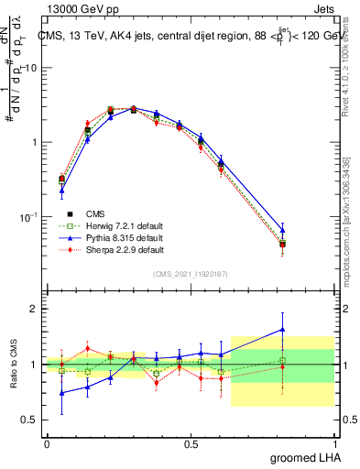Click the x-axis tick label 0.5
click(191, 443)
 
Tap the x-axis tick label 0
click(47, 443)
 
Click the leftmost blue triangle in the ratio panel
click(61, 393)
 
